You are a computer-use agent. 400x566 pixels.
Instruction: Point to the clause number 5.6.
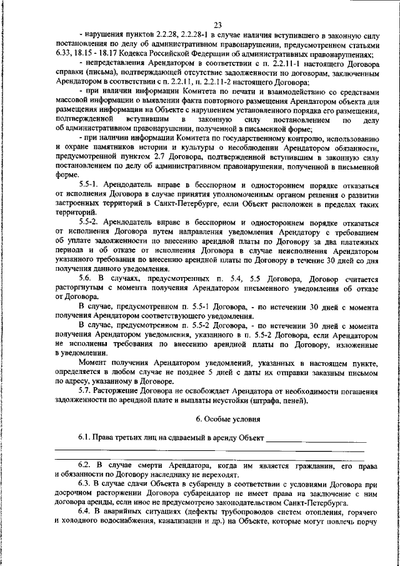point(87,276)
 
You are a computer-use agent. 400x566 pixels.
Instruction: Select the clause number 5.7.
point(87,390)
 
